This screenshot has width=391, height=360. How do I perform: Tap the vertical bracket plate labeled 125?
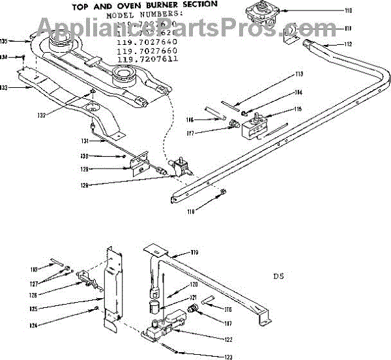point(111,286)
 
